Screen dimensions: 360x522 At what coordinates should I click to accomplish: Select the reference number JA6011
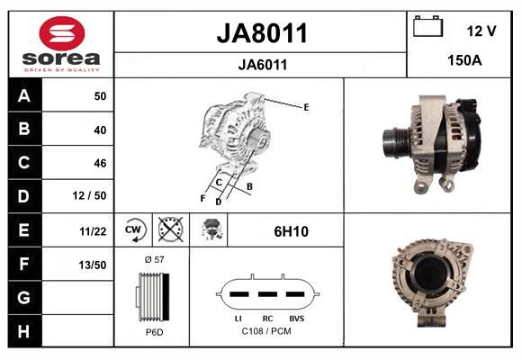click(x=262, y=64)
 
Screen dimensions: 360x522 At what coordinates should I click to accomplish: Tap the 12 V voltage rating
click(x=481, y=31)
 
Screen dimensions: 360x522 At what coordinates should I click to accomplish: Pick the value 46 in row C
click(x=100, y=163)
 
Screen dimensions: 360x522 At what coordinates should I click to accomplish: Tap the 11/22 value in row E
click(x=93, y=230)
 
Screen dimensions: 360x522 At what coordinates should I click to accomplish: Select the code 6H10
click(x=291, y=231)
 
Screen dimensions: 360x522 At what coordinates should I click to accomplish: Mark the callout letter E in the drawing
click(x=306, y=107)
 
